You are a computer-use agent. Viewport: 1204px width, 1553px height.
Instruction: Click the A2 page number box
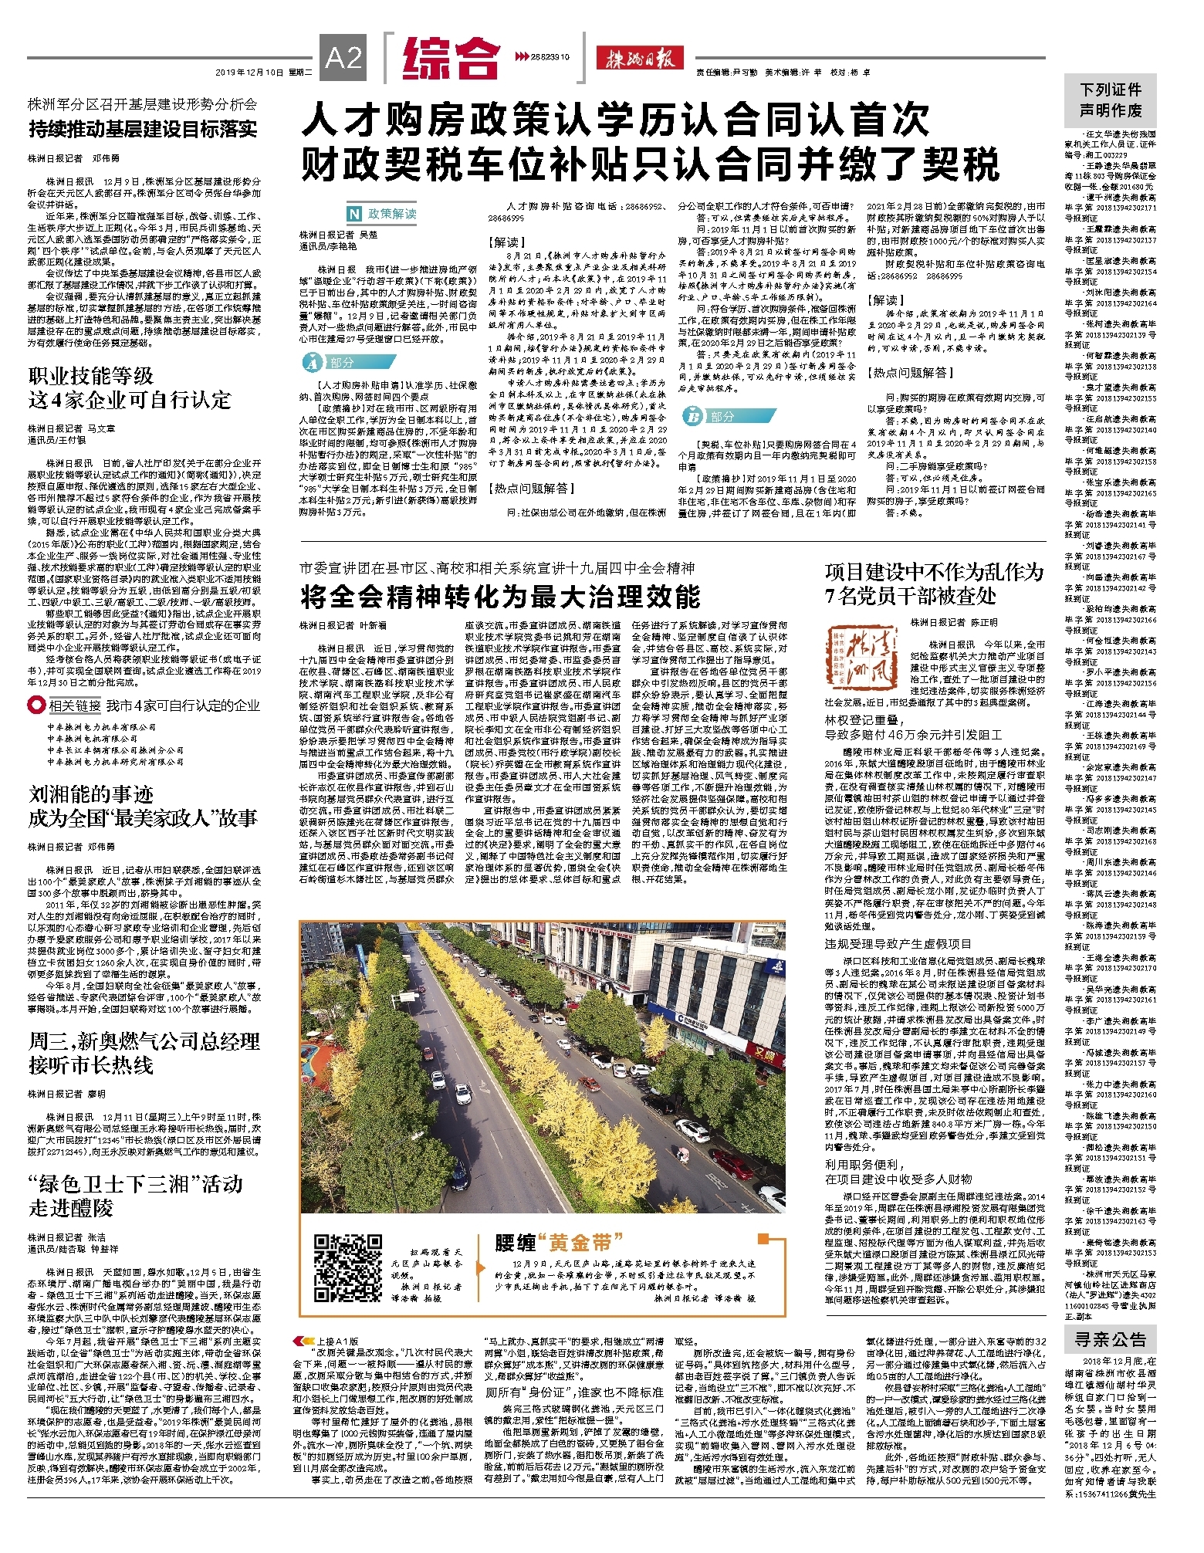(x=343, y=58)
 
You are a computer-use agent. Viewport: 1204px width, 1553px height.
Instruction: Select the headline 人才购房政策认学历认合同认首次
(x=615, y=120)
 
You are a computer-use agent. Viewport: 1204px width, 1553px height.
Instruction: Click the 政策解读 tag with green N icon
(x=382, y=214)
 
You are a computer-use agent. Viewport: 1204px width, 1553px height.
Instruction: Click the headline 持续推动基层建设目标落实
(x=143, y=129)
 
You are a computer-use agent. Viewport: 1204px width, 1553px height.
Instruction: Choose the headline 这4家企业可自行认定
(x=130, y=400)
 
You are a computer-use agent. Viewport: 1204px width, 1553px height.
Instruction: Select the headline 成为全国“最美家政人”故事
(x=144, y=818)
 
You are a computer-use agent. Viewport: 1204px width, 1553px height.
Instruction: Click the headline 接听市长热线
(x=91, y=1065)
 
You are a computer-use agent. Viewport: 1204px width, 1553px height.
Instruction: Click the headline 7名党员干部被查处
(x=910, y=596)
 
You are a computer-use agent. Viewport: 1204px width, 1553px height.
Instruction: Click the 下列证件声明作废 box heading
(x=1111, y=100)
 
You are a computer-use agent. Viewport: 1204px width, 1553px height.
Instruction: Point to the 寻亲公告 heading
(x=1111, y=1339)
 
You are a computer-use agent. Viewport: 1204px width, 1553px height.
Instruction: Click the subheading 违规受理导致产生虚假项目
(x=898, y=943)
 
